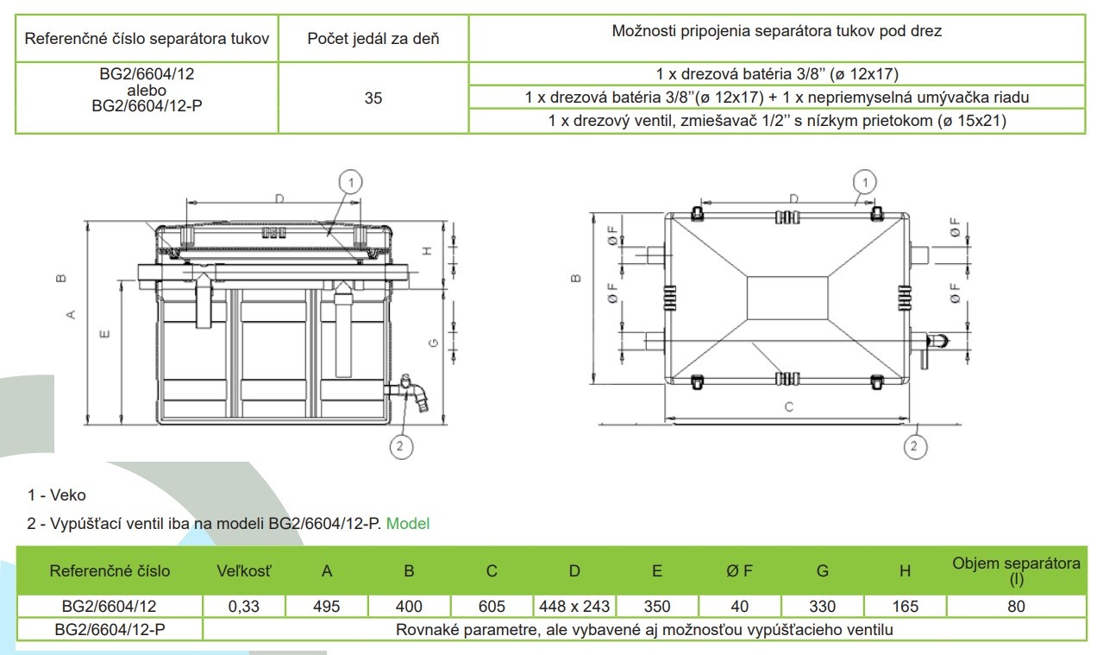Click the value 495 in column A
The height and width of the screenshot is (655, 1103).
tap(327, 606)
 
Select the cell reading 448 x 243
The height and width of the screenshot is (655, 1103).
tap(574, 606)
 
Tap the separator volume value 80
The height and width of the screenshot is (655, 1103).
tap(1016, 606)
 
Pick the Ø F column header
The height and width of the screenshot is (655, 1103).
tap(739, 570)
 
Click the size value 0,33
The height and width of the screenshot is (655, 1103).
tap(244, 606)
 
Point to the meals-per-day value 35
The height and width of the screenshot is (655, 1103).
tap(373, 98)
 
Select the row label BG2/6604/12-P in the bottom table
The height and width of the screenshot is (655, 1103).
tap(109, 629)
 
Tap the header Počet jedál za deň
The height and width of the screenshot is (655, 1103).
tap(373, 38)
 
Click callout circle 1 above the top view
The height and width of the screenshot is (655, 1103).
tap(864, 182)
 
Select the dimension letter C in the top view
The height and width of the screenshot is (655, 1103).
tap(788, 408)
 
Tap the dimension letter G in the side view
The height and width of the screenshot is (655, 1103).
tap(434, 343)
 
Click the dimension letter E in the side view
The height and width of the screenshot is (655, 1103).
tap(104, 334)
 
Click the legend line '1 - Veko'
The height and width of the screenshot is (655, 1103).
tap(57, 495)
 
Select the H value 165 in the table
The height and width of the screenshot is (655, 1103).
tap(905, 606)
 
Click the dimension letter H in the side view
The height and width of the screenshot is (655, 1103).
tap(426, 251)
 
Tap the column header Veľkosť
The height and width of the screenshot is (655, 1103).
tap(244, 570)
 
